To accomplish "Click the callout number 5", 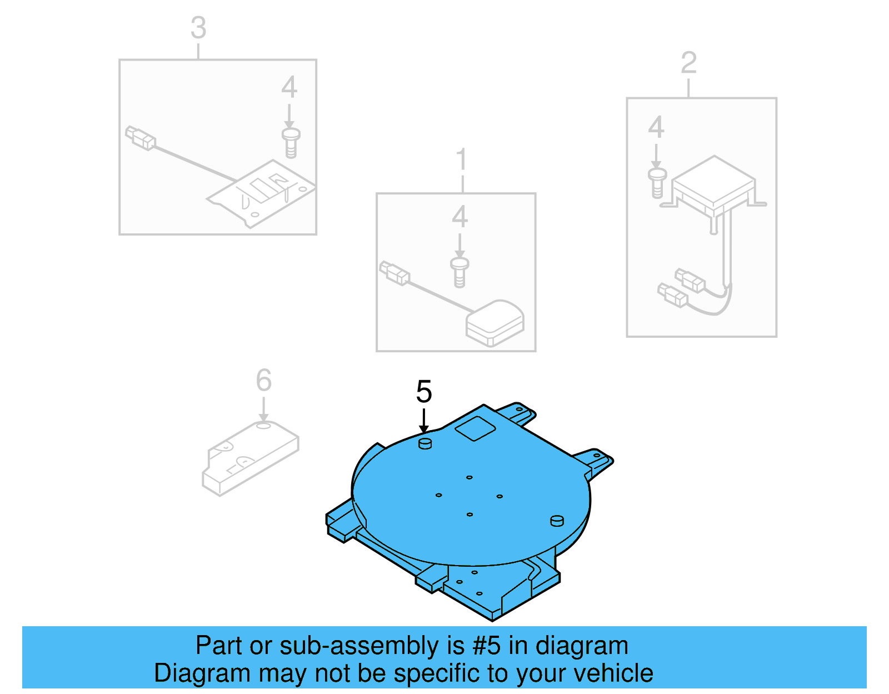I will (x=423, y=392).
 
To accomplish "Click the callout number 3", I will (x=198, y=28).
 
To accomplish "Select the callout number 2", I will (x=688, y=63).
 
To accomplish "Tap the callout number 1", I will (x=462, y=160).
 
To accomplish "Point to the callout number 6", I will (x=263, y=381).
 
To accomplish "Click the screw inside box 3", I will (x=291, y=143).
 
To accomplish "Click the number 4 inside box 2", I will (x=656, y=128).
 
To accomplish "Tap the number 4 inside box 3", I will (x=289, y=87).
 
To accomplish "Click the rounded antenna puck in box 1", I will (x=495, y=323).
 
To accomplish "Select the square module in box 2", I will (x=713, y=183).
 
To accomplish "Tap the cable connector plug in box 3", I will (x=140, y=138).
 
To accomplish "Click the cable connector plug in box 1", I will (x=394, y=273).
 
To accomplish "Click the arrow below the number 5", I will (x=423, y=421).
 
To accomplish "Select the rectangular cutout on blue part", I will (x=475, y=428).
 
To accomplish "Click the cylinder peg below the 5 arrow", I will (x=425, y=443).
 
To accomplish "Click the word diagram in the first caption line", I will (x=582, y=646).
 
